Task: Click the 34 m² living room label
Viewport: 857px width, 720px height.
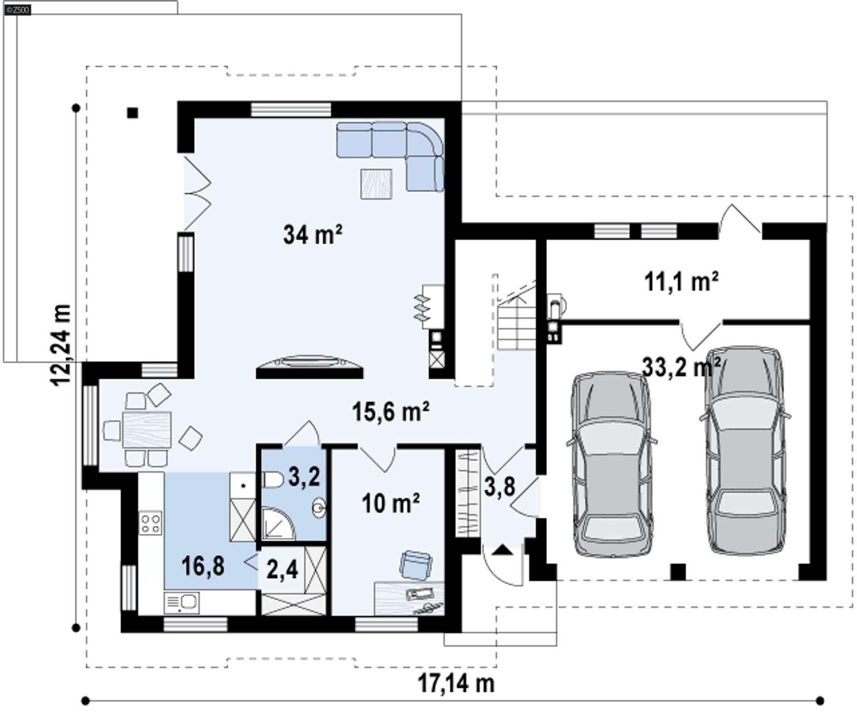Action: [312, 234]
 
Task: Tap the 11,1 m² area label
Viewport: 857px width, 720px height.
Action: [681, 282]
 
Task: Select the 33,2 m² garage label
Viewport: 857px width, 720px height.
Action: [681, 367]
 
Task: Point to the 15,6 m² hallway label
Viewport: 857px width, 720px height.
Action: [391, 411]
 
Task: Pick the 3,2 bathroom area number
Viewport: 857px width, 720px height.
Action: [304, 476]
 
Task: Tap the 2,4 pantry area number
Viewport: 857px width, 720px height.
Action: [282, 570]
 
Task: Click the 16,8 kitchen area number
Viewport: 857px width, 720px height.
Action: [203, 566]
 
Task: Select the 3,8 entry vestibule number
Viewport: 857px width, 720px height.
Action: [499, 486]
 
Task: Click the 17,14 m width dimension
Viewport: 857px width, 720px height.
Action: [456, 683]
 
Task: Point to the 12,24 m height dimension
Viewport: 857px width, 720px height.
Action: [61, 346]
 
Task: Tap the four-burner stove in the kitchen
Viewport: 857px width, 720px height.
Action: [150, 524]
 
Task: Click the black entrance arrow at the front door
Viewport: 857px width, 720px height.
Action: [503, 550]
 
